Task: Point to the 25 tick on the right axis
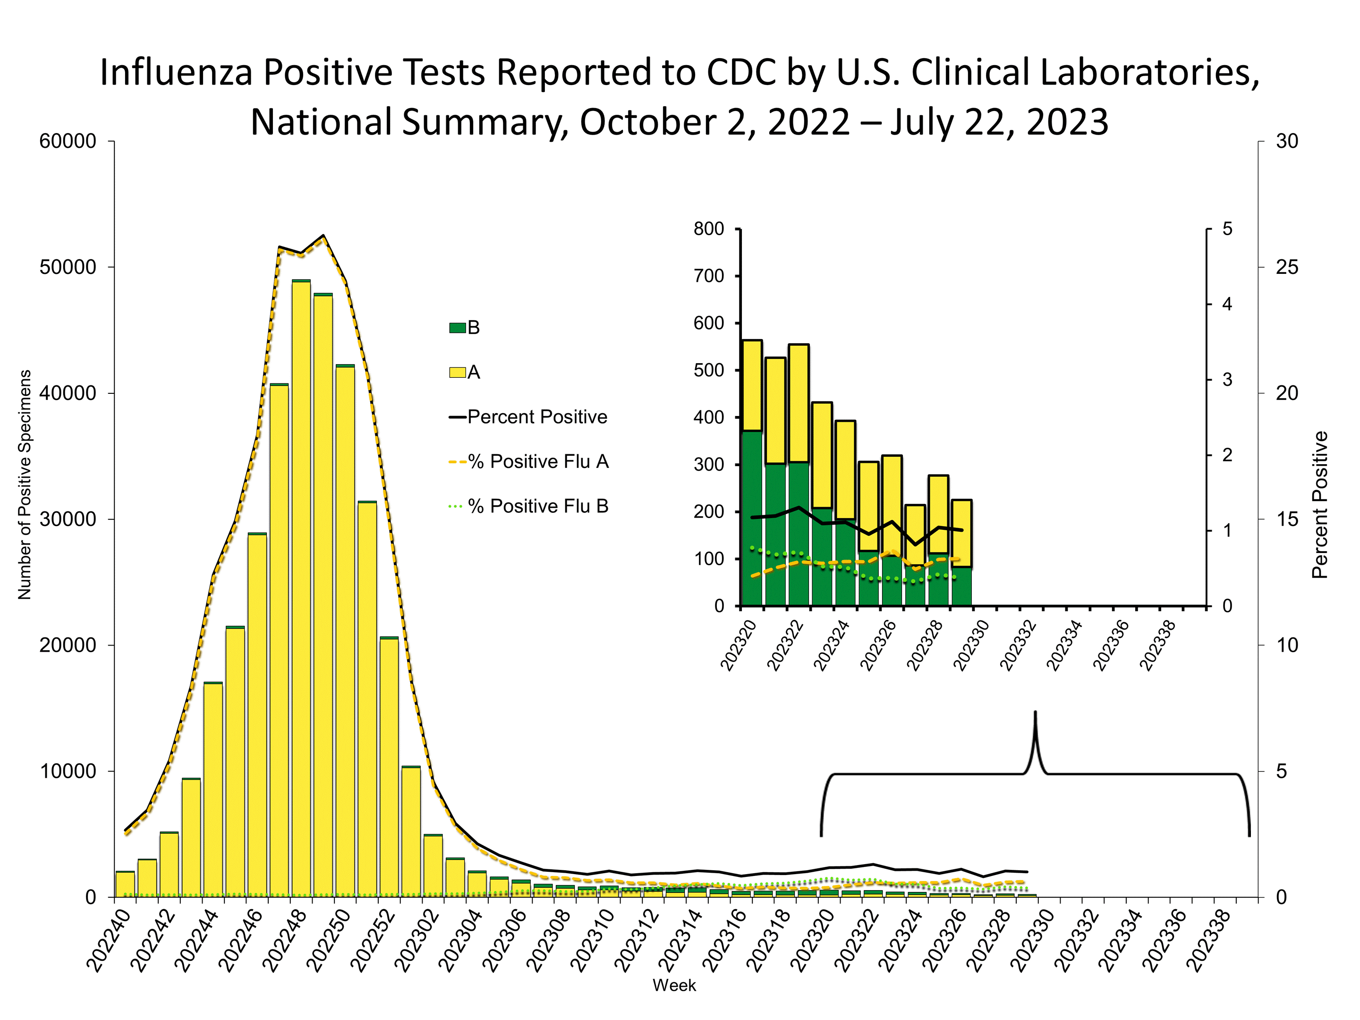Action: [x=1287, y=267]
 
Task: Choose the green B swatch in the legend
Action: [x=458, y=328]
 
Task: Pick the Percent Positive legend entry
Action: [x=537, y=417]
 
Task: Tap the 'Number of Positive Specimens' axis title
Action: [x=24, y=484]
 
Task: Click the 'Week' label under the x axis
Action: [x=674, y=986]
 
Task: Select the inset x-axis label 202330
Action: [x=971, y=646]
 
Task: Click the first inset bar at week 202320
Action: [x=752, y=474]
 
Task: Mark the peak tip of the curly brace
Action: [x=1036, y=713]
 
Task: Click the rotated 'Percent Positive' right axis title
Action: [x=1319, y=504]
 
